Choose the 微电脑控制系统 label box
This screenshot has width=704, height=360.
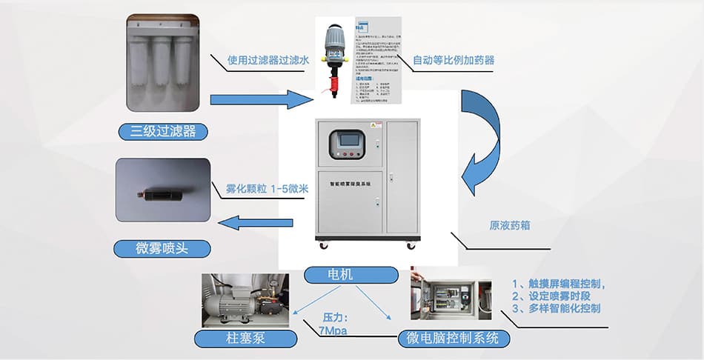[454, 339]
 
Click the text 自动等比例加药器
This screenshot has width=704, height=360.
[454, 59]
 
